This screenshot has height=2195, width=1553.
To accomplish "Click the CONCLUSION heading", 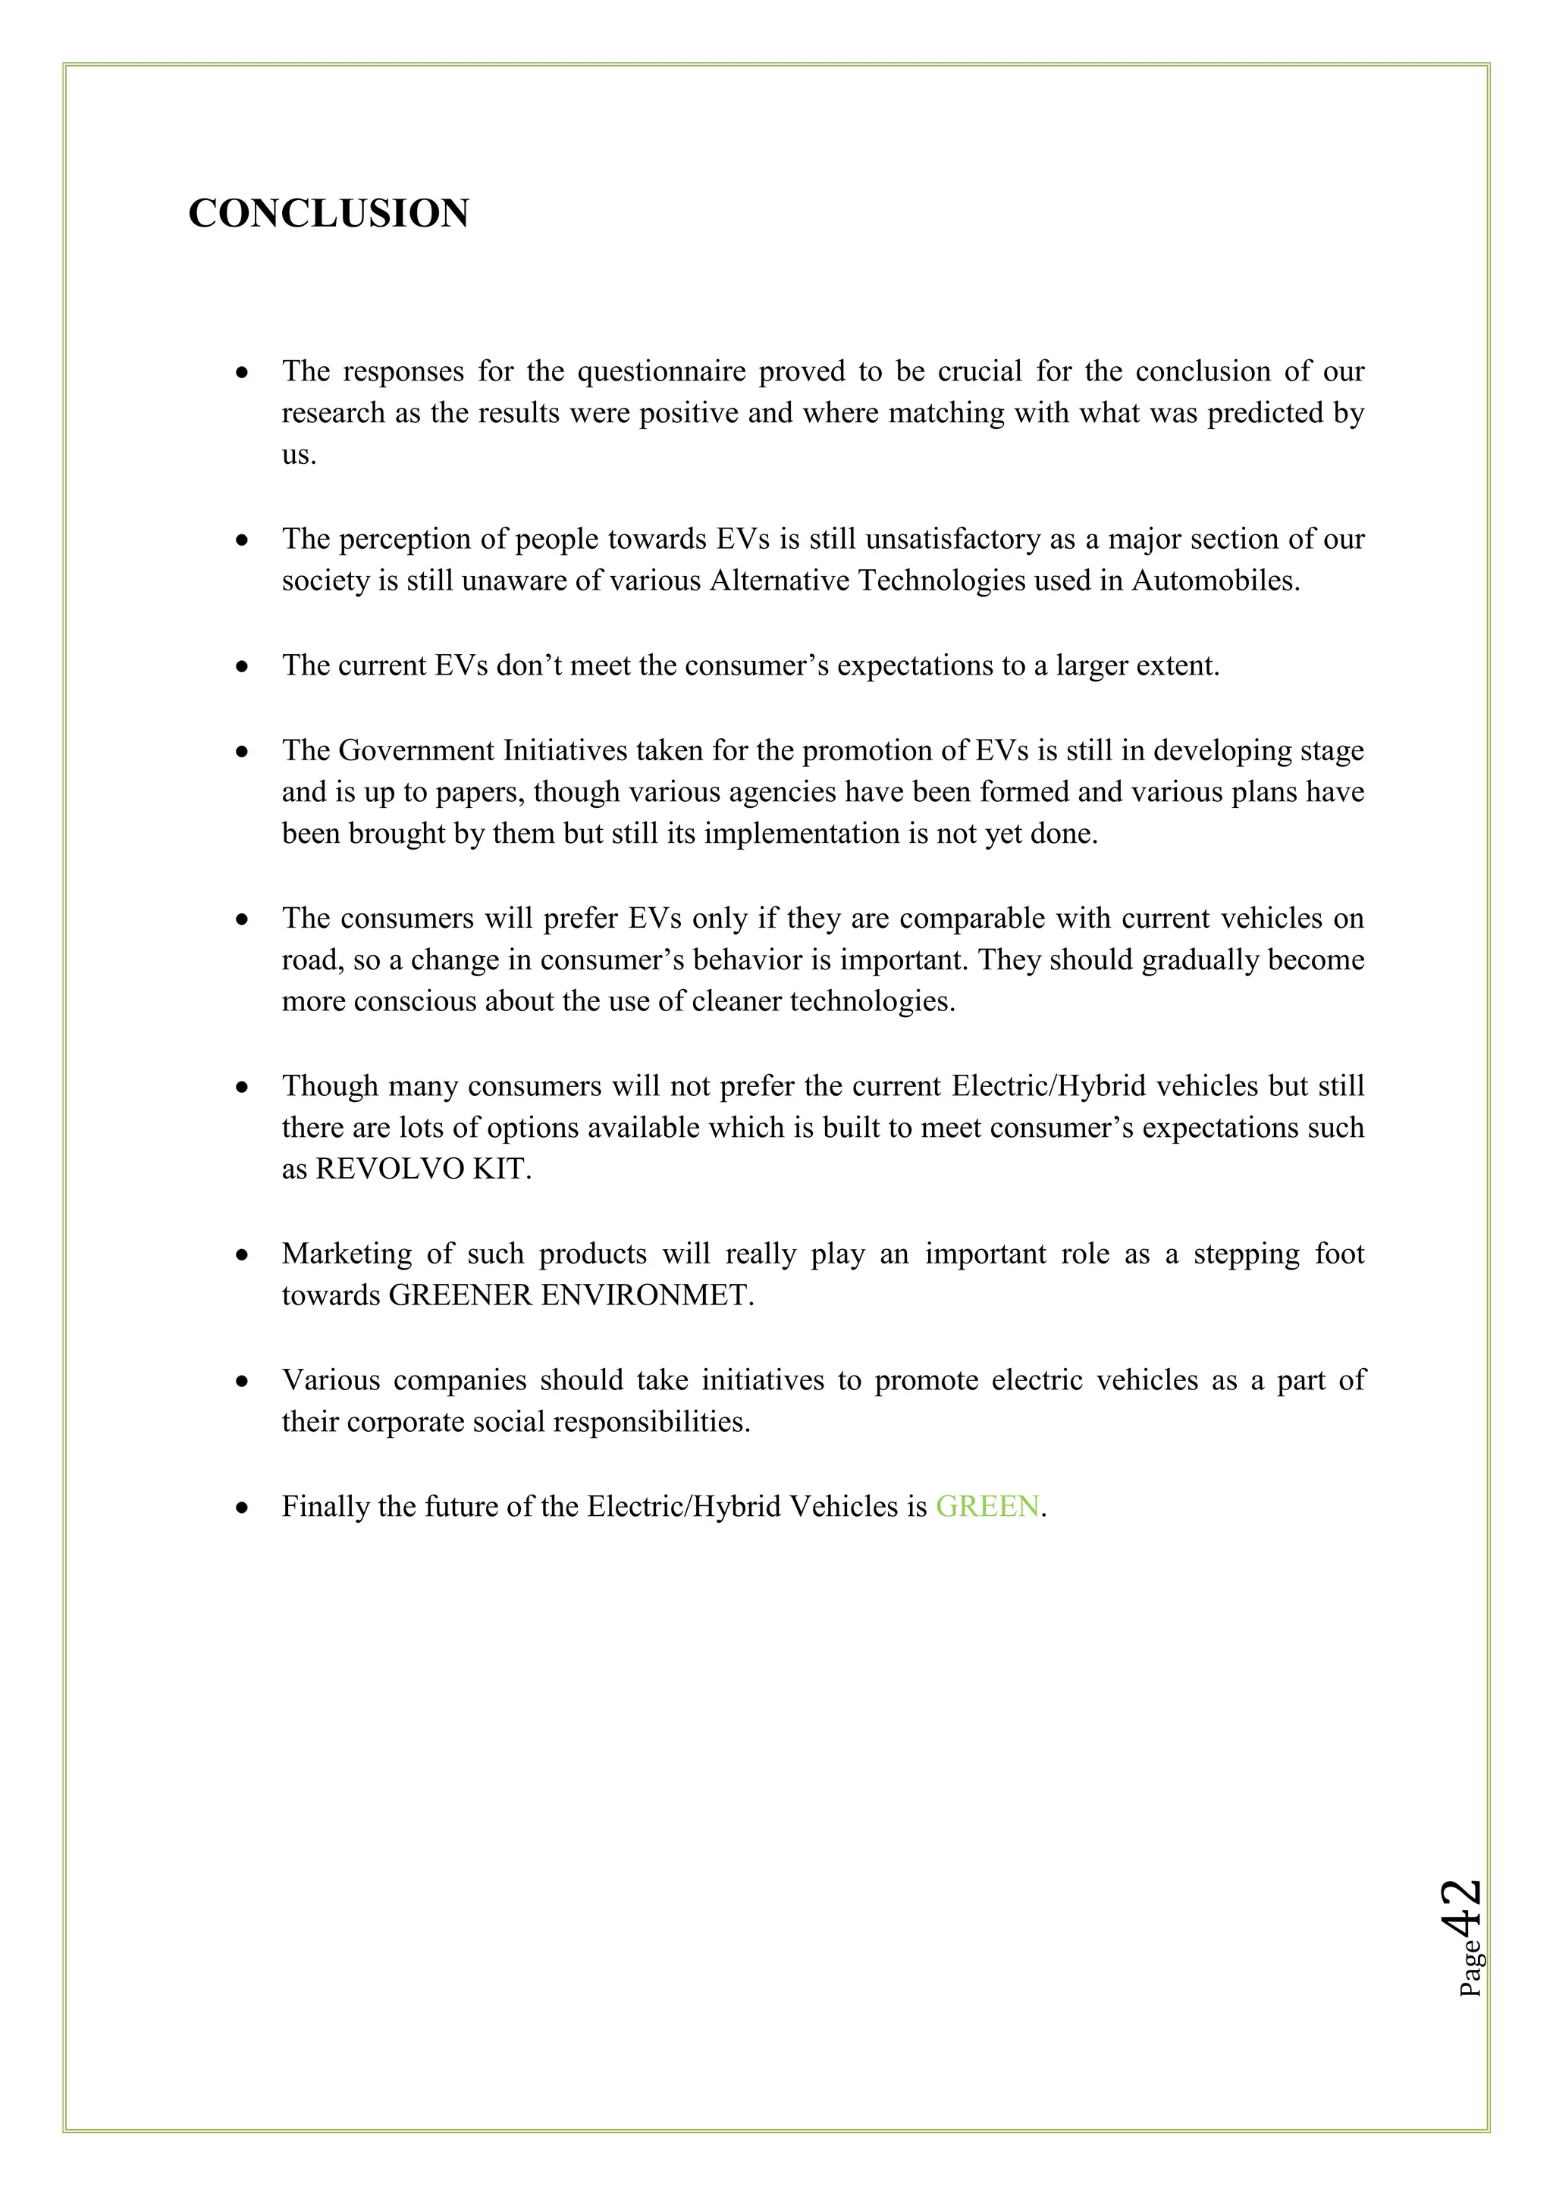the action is point(328,213).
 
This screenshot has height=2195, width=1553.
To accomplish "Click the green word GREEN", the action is point(987,1507).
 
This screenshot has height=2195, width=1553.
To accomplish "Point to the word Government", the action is point(416,750).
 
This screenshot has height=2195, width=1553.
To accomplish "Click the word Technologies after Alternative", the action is point(941,581).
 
